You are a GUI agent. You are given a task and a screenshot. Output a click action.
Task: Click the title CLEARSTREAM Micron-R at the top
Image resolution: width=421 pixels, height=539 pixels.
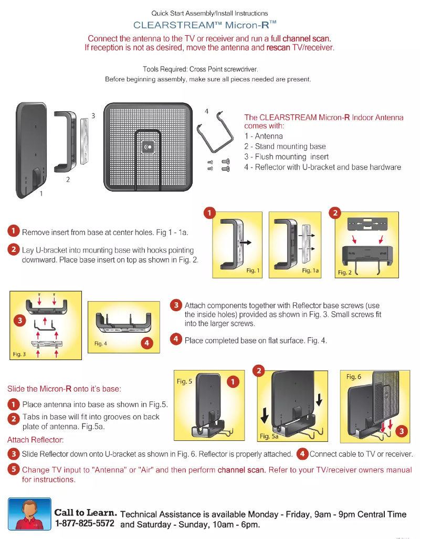coord(205,25)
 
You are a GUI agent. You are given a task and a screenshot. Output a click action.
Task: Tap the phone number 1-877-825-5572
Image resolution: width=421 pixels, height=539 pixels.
coord(85,524)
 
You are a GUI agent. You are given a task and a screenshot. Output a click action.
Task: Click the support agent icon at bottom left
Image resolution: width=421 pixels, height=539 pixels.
coord(29,514)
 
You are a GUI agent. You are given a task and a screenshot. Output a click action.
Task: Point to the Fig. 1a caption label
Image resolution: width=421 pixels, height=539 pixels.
coord(310,271)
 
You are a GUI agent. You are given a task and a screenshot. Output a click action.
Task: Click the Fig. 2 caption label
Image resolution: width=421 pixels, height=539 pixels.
coord(344,272)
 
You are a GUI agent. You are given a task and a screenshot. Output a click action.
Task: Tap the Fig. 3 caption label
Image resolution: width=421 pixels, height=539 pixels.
coord(19,354)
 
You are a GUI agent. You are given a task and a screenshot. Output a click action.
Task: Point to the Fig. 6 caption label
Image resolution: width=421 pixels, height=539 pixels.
coord(354,377)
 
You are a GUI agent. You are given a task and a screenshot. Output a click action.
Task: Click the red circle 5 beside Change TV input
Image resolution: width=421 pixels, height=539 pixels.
coord(14,470)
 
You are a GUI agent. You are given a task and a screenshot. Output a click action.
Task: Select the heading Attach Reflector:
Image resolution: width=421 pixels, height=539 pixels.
coord(36,440)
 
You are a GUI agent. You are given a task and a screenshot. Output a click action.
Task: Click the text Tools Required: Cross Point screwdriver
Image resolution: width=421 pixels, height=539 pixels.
coord(201,69)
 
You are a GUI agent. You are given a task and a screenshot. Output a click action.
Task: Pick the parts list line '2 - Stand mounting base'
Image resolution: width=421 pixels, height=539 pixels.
coord(285,146)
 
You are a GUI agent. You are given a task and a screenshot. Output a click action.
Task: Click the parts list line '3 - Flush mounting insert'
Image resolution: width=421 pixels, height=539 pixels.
coord(287,156)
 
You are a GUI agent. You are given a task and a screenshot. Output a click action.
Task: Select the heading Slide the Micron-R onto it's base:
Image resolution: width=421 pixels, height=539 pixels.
coord(65,389)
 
